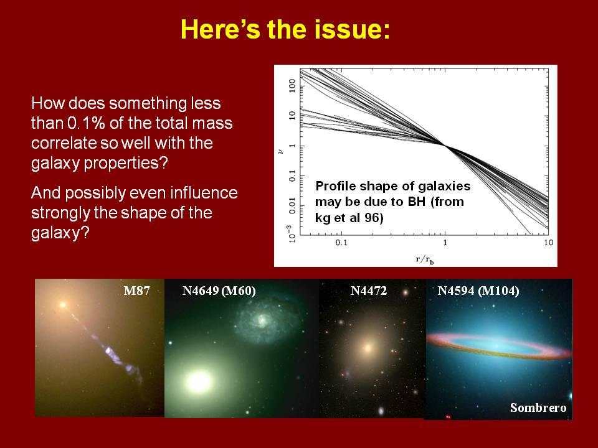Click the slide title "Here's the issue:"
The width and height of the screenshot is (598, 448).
click(x=285, y=29)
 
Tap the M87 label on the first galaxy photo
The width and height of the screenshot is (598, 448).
click(x=136, y=291)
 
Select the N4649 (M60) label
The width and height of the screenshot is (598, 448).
click(x=219, y=291)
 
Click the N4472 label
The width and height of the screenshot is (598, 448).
click(x=368, y=291)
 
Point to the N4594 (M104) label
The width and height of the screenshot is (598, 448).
click(x=478, y=291)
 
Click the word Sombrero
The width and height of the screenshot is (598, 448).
click(x=538, y=408)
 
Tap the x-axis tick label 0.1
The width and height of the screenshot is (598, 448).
click(x=341, y=243)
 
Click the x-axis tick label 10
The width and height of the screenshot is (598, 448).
click(x=548, y=243)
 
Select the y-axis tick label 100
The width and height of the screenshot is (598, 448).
click(x=293, y=86)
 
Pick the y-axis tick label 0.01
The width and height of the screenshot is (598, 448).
click(x=293, y=206)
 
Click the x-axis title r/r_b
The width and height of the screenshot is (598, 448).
click(x=425, y=260)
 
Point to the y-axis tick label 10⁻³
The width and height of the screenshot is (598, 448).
click(x=292, y=233)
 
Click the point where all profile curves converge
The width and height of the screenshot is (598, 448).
click(x=445, y=145)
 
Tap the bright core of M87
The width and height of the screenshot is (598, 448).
click(x=62, y=305)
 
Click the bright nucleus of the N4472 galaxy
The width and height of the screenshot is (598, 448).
click(x=368, y=348)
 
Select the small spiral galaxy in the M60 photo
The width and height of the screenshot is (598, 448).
click(x=262, y=321)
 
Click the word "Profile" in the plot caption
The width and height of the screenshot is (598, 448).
click(x=335, y=186)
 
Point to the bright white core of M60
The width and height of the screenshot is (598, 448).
click(x=199, y=381)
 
